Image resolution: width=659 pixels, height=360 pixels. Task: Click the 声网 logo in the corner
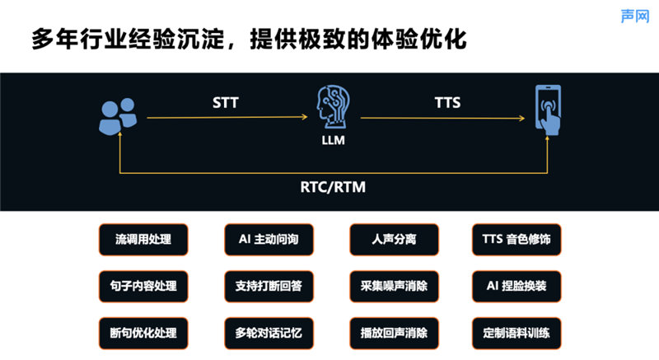click(x=635, y=16)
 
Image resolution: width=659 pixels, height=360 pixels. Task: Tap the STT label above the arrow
click(x=225, y=102)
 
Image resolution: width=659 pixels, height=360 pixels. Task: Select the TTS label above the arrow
click(x=447, y=102)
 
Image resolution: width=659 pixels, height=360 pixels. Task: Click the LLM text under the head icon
click(x=334, y=140)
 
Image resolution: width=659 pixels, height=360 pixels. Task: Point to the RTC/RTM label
click(x=333, y=187)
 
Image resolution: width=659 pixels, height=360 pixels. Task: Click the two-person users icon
click(x=118, y=116)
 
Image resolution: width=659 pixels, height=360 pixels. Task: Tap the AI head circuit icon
click(x=333, y=107)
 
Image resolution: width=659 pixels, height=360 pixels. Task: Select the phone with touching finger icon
click(x=548, y=110)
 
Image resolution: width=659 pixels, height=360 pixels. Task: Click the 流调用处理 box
click(x=143, y=240)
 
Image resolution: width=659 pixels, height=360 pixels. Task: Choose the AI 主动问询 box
click(x=269, y=240)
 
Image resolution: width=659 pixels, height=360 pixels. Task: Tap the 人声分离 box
click(x=395, y=240)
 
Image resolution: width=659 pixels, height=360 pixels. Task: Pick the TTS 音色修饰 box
click(x=516, y=240)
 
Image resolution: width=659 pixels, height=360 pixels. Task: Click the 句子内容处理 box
click(x=143, y=287)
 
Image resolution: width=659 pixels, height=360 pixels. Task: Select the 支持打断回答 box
click(x=269, y=287)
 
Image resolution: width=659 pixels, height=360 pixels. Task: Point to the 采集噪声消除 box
click(x=395, y=287)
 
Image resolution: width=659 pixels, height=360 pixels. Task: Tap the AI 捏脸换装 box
click(x=516, y=287)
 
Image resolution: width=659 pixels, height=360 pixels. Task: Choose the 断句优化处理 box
click(x=143, y=334)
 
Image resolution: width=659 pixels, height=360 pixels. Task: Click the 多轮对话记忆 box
click(x=269, y=334)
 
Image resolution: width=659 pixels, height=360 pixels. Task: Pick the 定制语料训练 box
click(x=516, y=334)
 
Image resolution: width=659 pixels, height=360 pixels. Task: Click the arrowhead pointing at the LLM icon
click(x=305, y=117)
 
